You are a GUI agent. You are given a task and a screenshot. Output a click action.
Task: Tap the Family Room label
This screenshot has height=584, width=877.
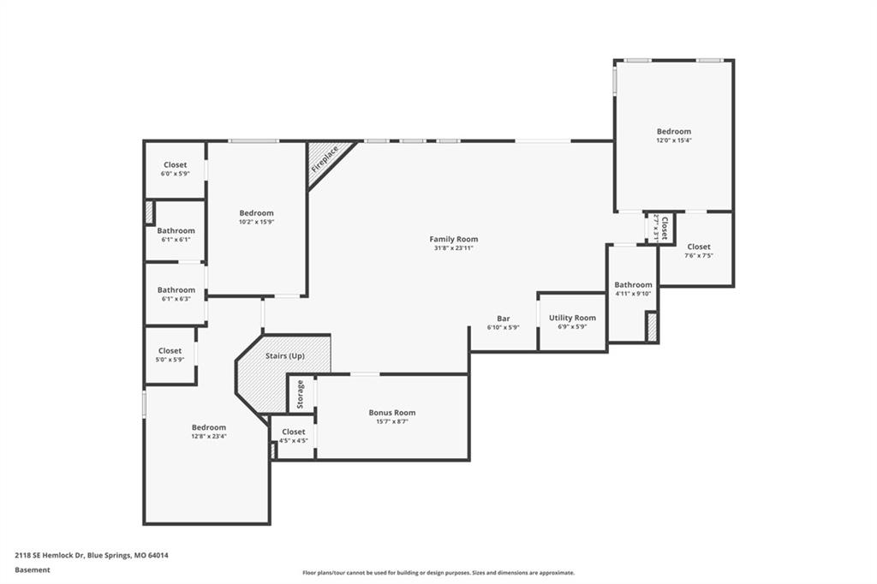click(x=454, y=239)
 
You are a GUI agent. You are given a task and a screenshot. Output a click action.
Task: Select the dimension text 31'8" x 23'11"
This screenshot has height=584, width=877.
click(x=454, y=247)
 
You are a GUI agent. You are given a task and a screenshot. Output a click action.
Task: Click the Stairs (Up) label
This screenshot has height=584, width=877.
click(x=285, y=355)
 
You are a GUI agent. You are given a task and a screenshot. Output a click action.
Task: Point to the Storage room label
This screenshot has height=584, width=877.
click(x=301, y=395)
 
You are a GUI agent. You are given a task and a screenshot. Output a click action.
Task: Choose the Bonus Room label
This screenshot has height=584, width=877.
click(x=392, y=413)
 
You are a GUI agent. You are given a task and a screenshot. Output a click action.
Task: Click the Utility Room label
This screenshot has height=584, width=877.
click(x=572, y=318)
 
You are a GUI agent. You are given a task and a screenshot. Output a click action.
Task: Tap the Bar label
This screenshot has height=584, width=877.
click(x=504, y=319)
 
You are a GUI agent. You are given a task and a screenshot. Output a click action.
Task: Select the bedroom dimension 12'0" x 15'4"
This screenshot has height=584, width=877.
click(x=674, y=140)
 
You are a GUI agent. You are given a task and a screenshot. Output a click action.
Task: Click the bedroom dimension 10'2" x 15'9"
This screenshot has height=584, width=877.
click(x=257, y=222)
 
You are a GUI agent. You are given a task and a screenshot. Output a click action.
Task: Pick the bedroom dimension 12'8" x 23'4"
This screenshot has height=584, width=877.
click(x=209, y=437)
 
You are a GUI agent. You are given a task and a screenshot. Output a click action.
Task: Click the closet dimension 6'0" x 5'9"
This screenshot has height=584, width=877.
click(x=175, y=174)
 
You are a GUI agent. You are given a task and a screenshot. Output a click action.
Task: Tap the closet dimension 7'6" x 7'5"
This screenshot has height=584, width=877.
click(x=699, y=256)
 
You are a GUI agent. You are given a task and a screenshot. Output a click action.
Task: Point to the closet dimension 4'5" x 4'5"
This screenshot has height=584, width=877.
click(x=294, y=441)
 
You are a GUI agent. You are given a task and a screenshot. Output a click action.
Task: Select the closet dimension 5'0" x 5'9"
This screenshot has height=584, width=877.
click(x=170, y=360)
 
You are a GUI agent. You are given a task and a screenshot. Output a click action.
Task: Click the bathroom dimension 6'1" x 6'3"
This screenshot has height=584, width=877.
click(x=176, y=299)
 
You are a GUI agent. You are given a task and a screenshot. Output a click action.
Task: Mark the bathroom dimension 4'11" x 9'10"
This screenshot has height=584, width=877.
click(x=633, y=294)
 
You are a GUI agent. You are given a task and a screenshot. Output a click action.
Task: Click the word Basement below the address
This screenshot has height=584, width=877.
click(x=33, y=570)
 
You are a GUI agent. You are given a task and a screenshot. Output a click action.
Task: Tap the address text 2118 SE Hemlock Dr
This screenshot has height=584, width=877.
click(x=50, y=556)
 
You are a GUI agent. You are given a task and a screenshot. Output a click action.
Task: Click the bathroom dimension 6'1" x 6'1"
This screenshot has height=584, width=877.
click(x=176, y=240)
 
